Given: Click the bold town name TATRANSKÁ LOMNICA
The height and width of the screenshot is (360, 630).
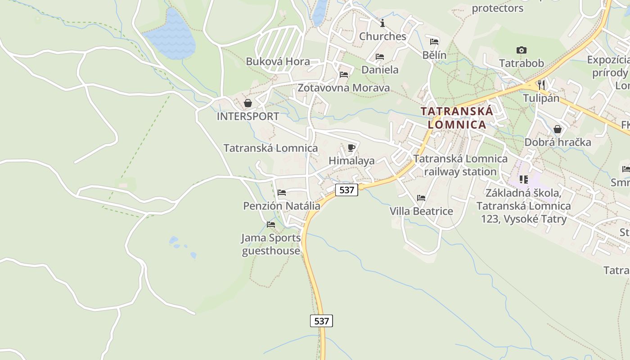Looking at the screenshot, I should point(457,117).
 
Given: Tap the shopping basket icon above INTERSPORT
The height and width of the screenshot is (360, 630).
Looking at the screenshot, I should point(247,103).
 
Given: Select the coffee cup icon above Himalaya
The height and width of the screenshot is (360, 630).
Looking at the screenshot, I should point(351,148).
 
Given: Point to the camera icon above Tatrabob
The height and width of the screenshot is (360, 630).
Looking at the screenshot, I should point(522,50).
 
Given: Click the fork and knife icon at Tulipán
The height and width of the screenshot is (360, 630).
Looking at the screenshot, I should point(541,85).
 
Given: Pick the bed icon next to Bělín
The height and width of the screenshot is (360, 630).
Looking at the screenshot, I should point(434,42).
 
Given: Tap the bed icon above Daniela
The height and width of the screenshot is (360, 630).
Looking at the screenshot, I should point(380,57).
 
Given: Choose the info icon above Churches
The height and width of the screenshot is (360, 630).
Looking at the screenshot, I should point(382,23).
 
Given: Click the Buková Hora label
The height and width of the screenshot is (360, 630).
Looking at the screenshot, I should point(278,62).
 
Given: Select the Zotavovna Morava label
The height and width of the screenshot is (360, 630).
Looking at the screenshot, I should point(344,88).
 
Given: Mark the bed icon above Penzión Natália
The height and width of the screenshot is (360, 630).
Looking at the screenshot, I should point(282,193).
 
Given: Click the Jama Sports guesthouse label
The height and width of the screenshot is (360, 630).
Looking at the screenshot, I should point(271,244).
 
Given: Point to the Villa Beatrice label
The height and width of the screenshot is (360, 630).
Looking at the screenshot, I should point(421,211).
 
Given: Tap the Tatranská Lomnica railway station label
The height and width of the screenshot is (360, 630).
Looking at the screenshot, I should point(460,165).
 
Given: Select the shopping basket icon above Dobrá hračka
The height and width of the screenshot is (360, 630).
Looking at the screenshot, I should point(558,129).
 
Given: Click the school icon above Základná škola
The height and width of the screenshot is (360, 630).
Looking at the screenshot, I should point(523,180).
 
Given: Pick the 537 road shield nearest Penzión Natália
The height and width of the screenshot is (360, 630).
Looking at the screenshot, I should point(346,190).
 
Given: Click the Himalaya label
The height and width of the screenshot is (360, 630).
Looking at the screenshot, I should point(351,161).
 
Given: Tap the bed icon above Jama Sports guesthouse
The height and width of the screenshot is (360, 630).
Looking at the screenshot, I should point(271,224).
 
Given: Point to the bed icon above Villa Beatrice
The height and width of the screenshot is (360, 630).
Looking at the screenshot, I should point(421,198).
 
